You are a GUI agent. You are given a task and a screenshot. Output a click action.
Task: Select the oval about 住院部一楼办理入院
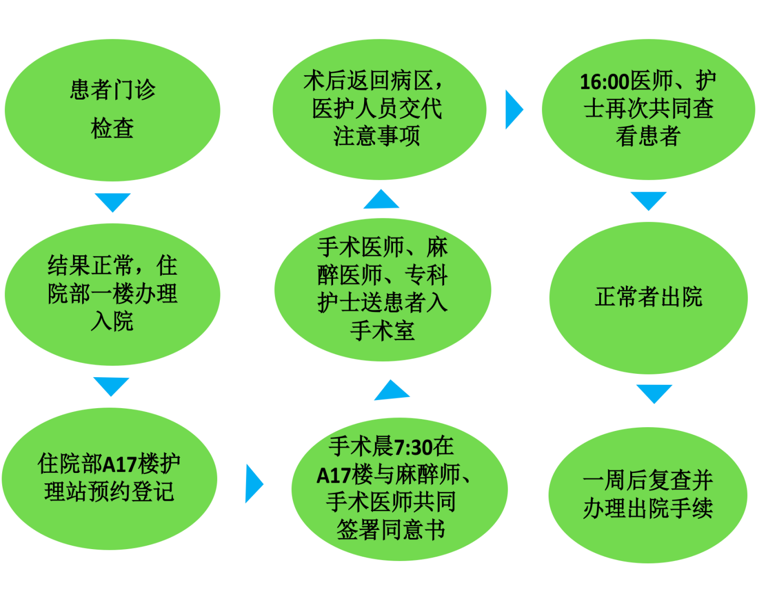[x=113, y=294]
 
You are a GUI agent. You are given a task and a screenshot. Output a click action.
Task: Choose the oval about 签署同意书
[x=399, y=488]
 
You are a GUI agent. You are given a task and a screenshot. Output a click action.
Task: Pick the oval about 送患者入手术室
[x=383, y=288]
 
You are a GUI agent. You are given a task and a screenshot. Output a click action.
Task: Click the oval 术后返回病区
[x=379, y=109]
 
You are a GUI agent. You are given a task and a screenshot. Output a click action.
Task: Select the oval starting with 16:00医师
[x=648, y=109]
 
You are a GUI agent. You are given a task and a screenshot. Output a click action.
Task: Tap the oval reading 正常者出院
[x=648, y=297]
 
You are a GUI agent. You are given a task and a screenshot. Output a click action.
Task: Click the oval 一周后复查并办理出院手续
[x=648, y=494]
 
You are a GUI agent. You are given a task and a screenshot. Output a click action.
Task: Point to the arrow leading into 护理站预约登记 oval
[x=112, y=386]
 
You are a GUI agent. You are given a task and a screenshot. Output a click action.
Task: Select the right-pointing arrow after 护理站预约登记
[x=254, y=483]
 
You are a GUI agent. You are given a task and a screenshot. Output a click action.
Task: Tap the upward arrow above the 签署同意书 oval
[x=391, y=390]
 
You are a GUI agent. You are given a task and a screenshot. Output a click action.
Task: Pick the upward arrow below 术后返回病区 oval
[x=381, y=199]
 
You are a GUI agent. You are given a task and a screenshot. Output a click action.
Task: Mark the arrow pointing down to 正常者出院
[x=648, y=200]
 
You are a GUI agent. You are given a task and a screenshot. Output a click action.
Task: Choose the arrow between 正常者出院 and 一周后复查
[x=654, y=393]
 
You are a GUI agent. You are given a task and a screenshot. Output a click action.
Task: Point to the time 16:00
[x=604, y=82]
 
